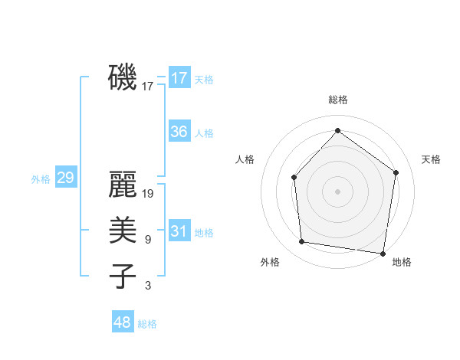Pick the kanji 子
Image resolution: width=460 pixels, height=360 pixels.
coord(123,276)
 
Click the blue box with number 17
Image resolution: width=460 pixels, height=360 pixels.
coord(179,78)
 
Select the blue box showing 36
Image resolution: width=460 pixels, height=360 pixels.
coord(179,132)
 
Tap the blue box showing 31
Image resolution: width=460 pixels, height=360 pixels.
coord(179,231)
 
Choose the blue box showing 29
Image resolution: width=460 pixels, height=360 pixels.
coord(65,178)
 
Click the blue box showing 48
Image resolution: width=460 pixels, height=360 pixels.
coord(123,322)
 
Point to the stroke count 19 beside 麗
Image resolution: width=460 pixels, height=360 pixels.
coord(149,194)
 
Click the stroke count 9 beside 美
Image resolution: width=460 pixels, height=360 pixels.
coord(147,240)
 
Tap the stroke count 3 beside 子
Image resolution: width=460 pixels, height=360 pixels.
coord(147,286)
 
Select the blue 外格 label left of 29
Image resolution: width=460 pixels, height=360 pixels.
coord(41,179)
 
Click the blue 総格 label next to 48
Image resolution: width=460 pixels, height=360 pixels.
coord(147,324)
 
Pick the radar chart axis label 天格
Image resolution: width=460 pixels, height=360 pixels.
coord(431,159)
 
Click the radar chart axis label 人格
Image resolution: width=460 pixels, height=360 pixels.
coord(245,159)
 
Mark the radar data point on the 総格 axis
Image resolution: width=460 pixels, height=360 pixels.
coord(337,130)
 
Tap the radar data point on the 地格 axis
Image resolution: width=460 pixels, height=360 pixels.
coord(383,253)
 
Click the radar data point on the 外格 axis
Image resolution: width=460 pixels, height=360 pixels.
coord(302,242)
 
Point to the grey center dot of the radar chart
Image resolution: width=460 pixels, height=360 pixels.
coord(337,191)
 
